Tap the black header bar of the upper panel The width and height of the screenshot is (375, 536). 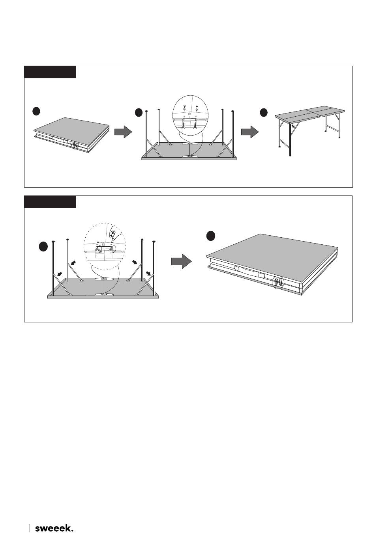click(x=50, y=72)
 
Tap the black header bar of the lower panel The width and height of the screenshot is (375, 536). click(x=50, y=202)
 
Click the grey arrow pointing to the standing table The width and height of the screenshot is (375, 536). click(x=250, y=132)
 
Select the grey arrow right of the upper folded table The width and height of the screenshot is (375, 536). click(x=123, y=132)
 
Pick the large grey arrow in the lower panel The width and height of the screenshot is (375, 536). click(x=182, y=261)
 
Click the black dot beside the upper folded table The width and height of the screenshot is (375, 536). click(x=36, y=111)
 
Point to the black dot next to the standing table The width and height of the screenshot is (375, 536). click(x=264, y=112)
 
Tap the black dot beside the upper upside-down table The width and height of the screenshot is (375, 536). click(x=139, y=112)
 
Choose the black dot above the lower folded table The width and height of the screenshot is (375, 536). click(x=211, y=236)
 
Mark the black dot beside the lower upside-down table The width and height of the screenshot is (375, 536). click(x=43, y=247)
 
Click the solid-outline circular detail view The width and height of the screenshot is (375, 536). click(x=191, y=113)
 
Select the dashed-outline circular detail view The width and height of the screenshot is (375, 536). click(x=105, y=246)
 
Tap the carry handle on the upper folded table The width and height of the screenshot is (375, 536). click(x=59, y=139)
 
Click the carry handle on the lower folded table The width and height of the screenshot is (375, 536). click(x=249, y=272)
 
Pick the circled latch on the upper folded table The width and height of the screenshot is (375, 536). click(x=75, y=145)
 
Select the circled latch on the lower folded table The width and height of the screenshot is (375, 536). click(x=278, y=282)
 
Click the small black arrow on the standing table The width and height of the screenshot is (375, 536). click(x=293, y=126)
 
